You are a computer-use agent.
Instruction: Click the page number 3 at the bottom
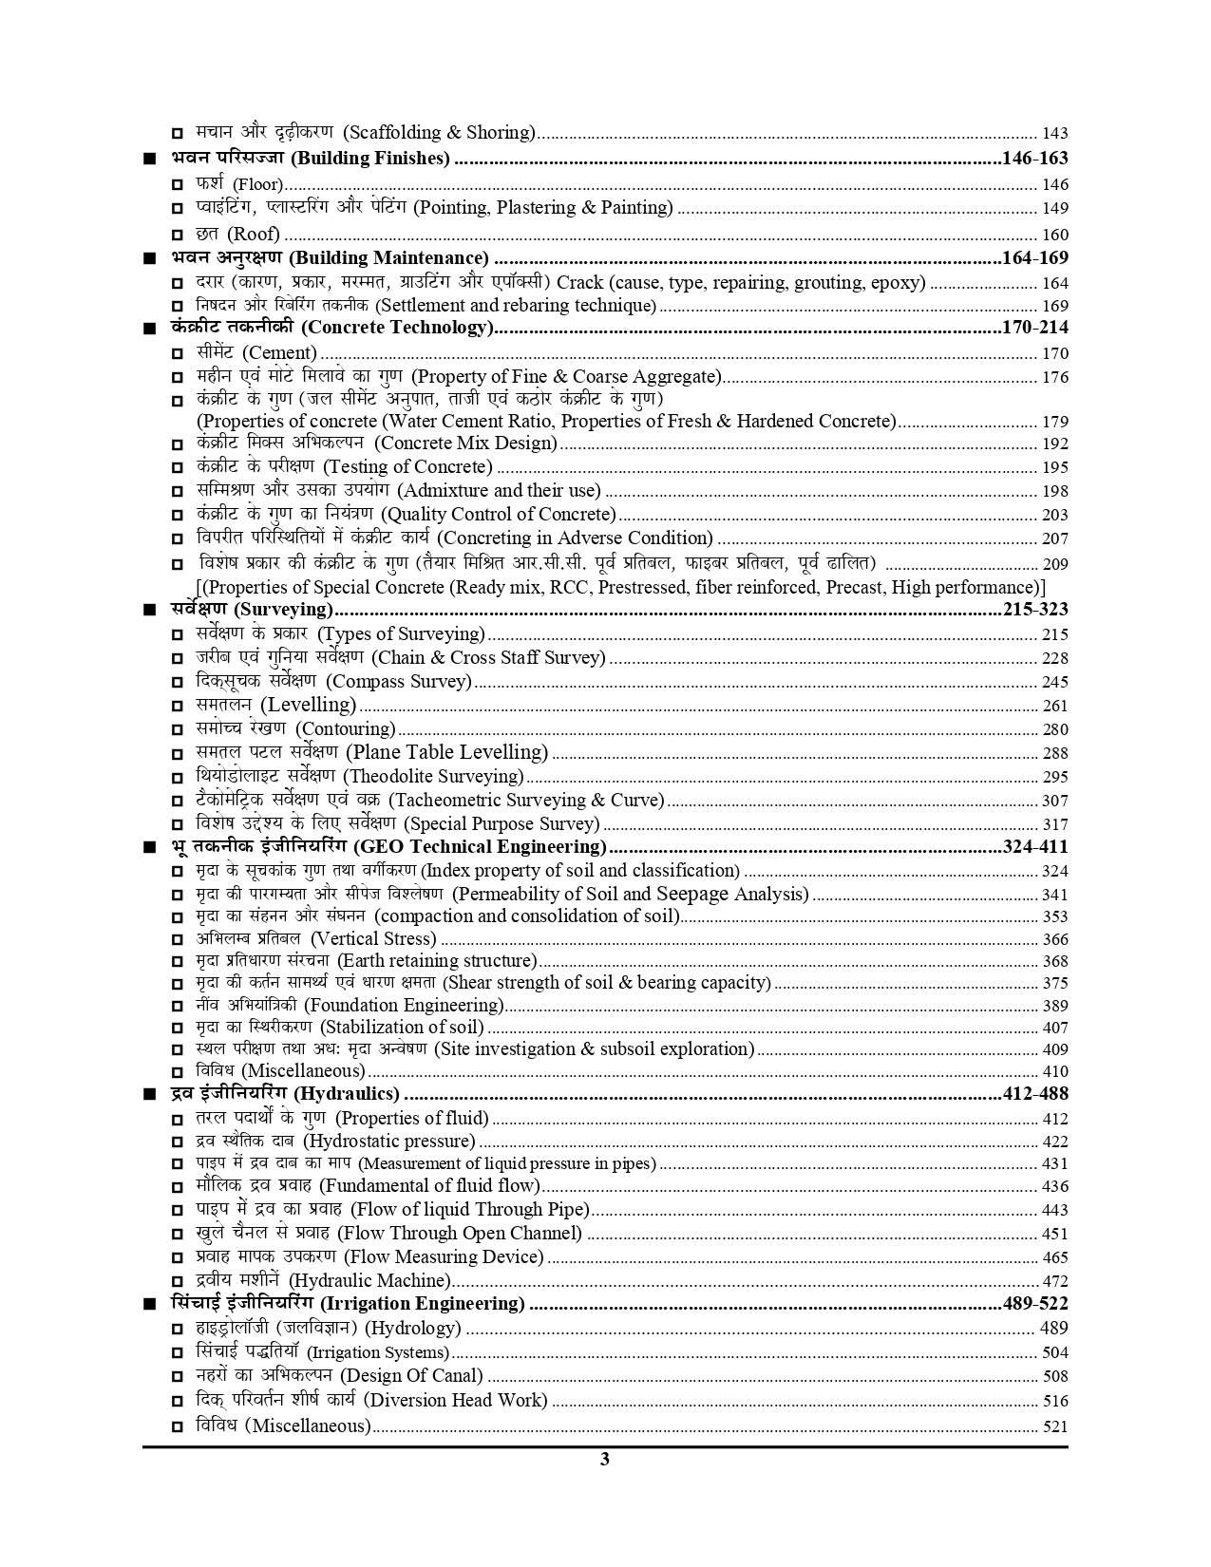(605, 1460)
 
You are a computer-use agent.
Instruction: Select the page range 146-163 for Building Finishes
(1035, 159)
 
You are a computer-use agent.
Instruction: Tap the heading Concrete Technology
(332, 328)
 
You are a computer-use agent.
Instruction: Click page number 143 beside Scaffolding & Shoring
(1055, 134)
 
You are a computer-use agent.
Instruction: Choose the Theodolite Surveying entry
(360, 776)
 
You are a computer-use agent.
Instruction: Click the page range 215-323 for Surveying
(1035, 610)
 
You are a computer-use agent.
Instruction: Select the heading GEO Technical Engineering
(388, 846)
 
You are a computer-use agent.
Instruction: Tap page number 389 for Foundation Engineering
(1055, 1006)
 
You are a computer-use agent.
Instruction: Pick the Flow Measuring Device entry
(369, 1256)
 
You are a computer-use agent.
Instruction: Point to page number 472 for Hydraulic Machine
(1055, 1281)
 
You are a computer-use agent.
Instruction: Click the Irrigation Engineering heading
(348, 1303)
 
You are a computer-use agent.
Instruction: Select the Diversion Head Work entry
(371, 1400)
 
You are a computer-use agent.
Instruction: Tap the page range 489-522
(1035, 1303)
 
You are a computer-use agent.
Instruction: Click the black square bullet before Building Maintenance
(149, 259)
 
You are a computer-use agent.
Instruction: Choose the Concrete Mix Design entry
(376, 443)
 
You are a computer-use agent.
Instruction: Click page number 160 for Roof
(1055, 235)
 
